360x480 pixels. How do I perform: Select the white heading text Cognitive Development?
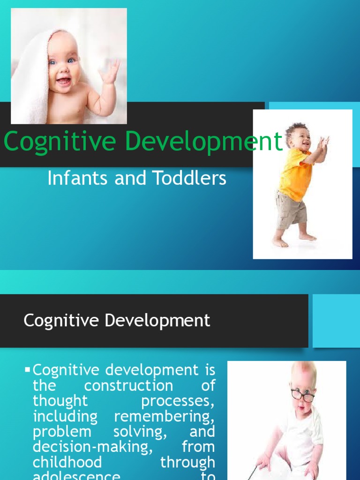tap(117, 321)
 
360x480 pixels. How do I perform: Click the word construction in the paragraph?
tap(128, 386)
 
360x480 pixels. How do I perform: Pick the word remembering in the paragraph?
tap(164, 416)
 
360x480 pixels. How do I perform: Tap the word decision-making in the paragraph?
tap(93, 447)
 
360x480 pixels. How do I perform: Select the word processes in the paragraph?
tap(178, 401)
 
